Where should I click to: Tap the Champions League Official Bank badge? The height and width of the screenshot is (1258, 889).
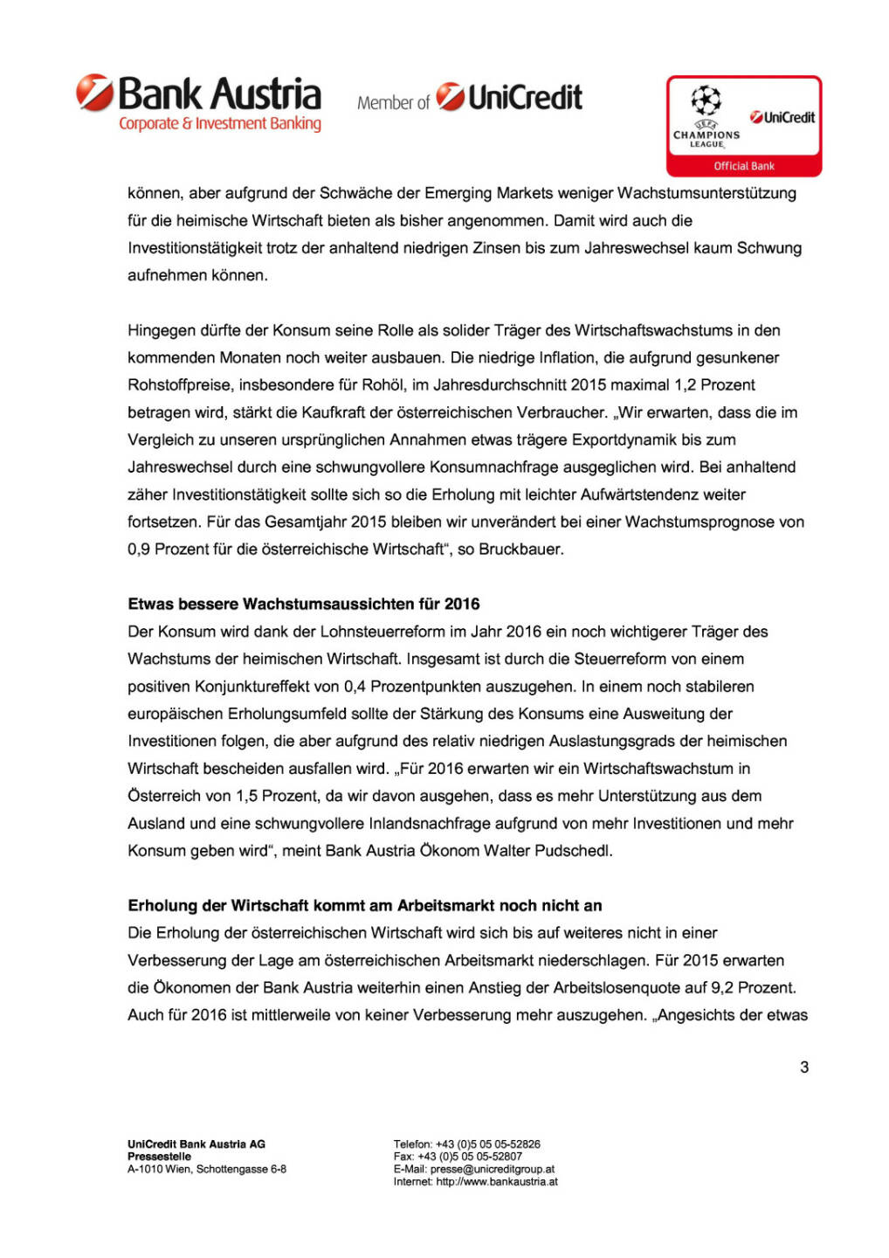[x=744, y=126]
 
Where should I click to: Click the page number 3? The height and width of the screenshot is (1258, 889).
[x=804, y=1067]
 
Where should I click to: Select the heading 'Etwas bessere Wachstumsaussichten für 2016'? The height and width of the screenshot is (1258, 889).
[x=304, y=604]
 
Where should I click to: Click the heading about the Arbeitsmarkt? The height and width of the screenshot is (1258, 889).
[x=365, y=905]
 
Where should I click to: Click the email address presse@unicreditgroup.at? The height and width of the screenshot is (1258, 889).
[x=493, y=1169]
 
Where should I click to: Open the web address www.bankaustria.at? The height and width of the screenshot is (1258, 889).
[x=497, y=1181]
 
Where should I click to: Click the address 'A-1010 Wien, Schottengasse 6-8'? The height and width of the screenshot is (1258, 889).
[x=207, y=1169]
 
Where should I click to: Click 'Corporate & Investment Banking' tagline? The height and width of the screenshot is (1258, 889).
[x=220, y=124]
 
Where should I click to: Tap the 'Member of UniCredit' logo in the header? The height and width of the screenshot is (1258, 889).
[x=470, y=98]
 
